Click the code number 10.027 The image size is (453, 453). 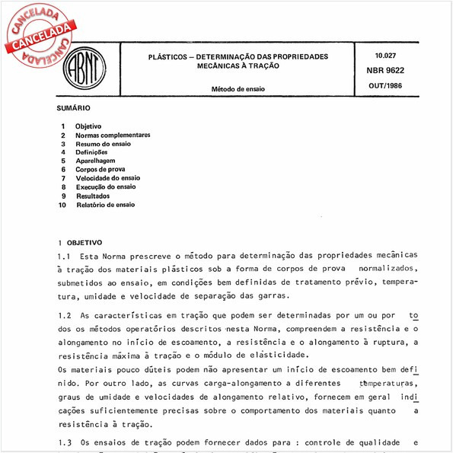[386, 56]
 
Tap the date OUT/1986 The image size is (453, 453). [386, 85]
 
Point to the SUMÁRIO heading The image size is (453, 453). [74, 109]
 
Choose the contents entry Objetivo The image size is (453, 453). [88, 126]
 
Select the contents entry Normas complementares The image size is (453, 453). [112, 135]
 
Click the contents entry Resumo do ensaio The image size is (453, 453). [103, 143]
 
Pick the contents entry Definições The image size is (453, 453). [91, 152]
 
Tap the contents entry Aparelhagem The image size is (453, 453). [95, 161]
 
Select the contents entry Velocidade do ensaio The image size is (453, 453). [107, 178]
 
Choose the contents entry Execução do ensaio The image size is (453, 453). [105, 187]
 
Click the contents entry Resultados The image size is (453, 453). [93, 196]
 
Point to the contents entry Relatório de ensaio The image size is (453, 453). [105, 205]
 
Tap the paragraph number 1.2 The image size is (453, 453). [65, 314]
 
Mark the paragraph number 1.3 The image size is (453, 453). [65, 442]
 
